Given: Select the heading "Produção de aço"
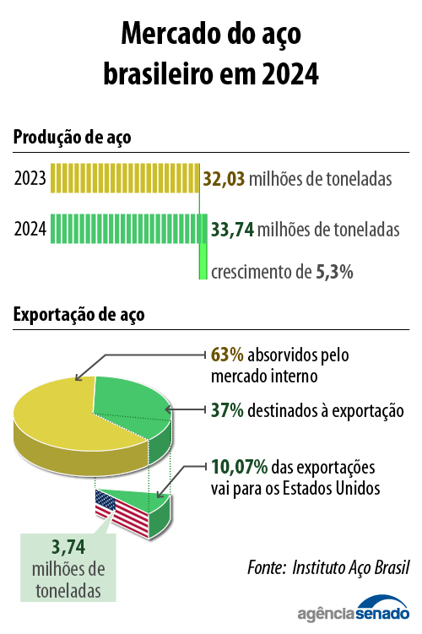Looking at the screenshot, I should click(72, 137).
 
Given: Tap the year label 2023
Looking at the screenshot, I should click(30, 179).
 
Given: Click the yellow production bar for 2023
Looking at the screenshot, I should click(124, 179).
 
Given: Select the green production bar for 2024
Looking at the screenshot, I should click(128, 229).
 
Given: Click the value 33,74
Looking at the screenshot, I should click(232, 229).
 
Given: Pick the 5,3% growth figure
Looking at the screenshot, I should click(333, 272).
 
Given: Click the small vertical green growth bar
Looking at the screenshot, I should click(203, 261).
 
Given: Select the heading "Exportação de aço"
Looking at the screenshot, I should click(78, 315).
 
